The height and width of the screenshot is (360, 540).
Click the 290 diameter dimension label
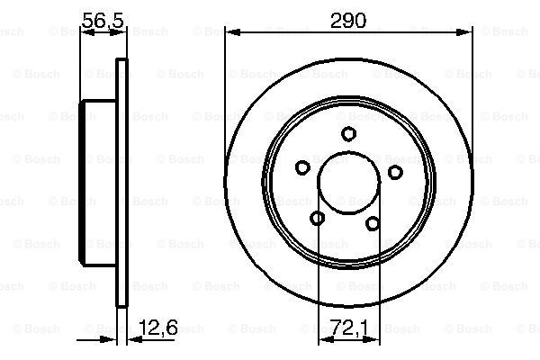pos(347,21)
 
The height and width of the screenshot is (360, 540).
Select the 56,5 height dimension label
pos(103,21)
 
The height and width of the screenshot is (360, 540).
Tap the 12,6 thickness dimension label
pos(158,328)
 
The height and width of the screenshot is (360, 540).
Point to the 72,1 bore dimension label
pos(348,328)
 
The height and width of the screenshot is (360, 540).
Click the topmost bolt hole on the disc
pos(348,134)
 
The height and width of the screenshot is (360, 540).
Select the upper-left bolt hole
pos(302,167)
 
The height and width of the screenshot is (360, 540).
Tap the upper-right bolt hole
pos(395,172)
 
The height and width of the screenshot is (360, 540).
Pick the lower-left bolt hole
pos(317,218)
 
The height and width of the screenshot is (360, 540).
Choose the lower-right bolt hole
pos(373,223)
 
